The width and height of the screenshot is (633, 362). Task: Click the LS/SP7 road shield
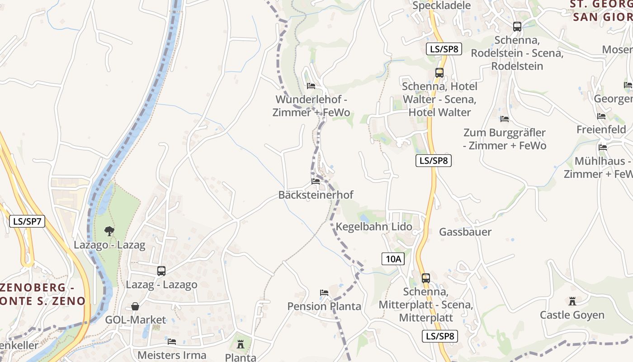(27, 221)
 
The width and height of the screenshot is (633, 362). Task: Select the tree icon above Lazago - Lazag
(109, 231)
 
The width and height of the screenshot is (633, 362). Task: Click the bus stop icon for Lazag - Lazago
(161, 271)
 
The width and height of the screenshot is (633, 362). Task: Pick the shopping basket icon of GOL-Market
(135, 306)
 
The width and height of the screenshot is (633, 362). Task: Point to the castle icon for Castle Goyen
(572, 301)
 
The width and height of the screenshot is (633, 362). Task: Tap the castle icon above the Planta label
(241, 344)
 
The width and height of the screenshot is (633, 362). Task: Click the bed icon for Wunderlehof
(311, 86)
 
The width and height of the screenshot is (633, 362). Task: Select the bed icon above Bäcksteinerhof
(316, 181)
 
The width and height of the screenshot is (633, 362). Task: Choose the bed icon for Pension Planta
(324, 293)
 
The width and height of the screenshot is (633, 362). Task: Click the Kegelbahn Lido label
(374, 227)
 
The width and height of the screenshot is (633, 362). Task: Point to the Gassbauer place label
(465, 232)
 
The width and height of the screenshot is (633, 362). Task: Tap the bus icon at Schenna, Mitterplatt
(425, 278)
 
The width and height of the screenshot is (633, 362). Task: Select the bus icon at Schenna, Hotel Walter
(439, 72)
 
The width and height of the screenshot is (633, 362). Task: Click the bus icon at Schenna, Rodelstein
(517, 27)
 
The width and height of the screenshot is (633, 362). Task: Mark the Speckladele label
(442, 6)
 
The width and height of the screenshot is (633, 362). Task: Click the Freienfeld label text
(601, 129)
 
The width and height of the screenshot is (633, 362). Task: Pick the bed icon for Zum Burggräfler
(505, 119)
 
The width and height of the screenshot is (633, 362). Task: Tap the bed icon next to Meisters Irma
(172, 341)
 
